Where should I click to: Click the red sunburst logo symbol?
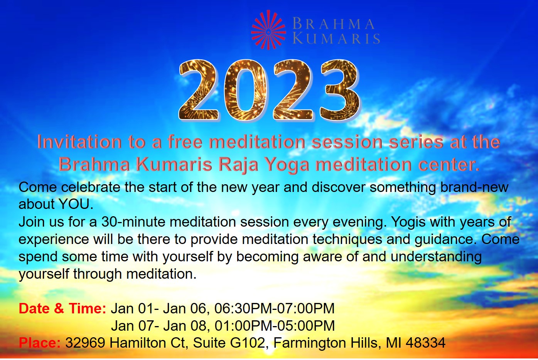pyautogui.click(x=268, y=30)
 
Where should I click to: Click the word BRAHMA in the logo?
pyautogui.click(x=334, y=24)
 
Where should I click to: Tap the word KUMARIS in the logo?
pyautogui.click(x=336, y=38)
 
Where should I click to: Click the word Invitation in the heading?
pyautogui.click(x=79, y=142)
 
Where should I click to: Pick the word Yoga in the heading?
pyautogui.click(x=287, y=165)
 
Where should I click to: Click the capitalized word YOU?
pyautogui.click(x=76, y=204)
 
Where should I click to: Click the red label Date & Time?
pyautogui.click(x=62, y=308)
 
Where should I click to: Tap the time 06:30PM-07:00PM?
pyautogui.click(x=274, y=308)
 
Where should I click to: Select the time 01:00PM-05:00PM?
pyautogui.click(x=275, y=326)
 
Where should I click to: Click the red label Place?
pyautogui.click(x=40, y=343)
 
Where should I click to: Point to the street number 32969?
pyautogui.click(x=85, y=343)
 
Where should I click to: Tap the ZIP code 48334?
pyautogui.click(x=426, y=343)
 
